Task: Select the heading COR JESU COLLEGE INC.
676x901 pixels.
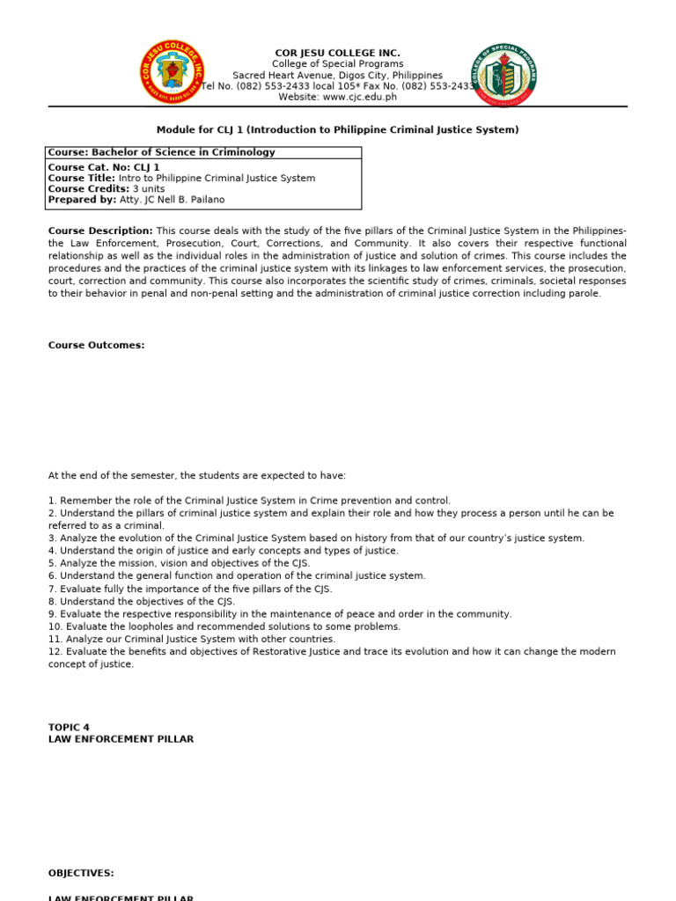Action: click(337, 53)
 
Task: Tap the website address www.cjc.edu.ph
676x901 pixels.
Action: click(361, 98)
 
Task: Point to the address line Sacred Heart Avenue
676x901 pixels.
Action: click(337, 76)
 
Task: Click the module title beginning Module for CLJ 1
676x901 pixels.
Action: click(337, 130)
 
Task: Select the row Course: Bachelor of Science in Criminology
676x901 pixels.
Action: click(162, 152)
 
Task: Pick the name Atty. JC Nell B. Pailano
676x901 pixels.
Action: click(171, 200)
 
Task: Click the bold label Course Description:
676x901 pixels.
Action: click(100, 231)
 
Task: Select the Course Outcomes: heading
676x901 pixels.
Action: click(96, 346)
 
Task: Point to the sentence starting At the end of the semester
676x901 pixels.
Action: click(197, 475)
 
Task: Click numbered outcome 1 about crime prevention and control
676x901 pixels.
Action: click(249, 500)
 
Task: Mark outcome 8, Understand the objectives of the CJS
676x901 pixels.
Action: click(148, 602)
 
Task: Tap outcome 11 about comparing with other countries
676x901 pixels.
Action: click(192, 639)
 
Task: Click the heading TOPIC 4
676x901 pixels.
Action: click(69, 727)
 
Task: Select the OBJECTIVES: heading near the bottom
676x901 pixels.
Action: click(81, 873)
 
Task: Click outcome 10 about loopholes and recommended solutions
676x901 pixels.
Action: click(224, 626)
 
